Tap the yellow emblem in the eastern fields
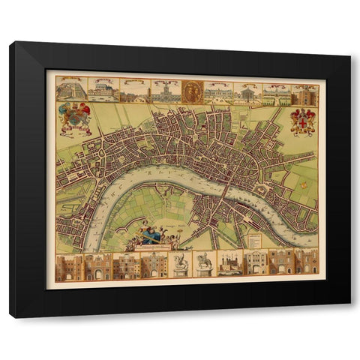[x=304, y=184]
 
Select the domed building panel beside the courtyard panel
[x=103, y=89]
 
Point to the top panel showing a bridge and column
[x=133, y=90]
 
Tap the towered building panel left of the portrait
[x=164, y=90]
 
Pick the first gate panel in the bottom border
[x=69, y=266]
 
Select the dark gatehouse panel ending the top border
[x=306, y=94]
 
